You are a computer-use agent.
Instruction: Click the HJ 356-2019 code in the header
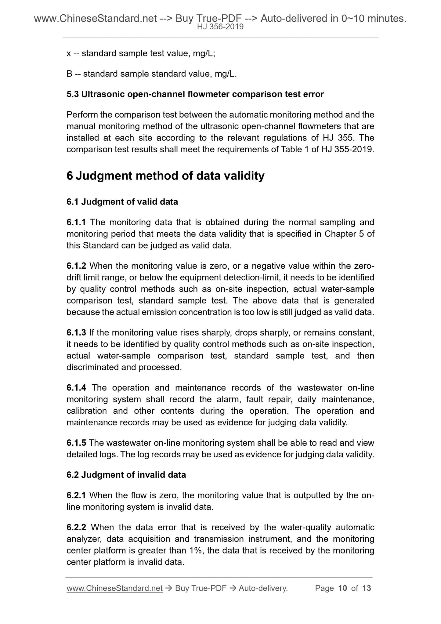[220, 27]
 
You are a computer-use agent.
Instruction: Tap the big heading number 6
[70, 176]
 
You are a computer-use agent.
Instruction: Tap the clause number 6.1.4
[76, 388]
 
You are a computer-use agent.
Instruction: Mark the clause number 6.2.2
[76, 527]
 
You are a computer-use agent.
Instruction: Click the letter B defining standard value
[69, 74]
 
